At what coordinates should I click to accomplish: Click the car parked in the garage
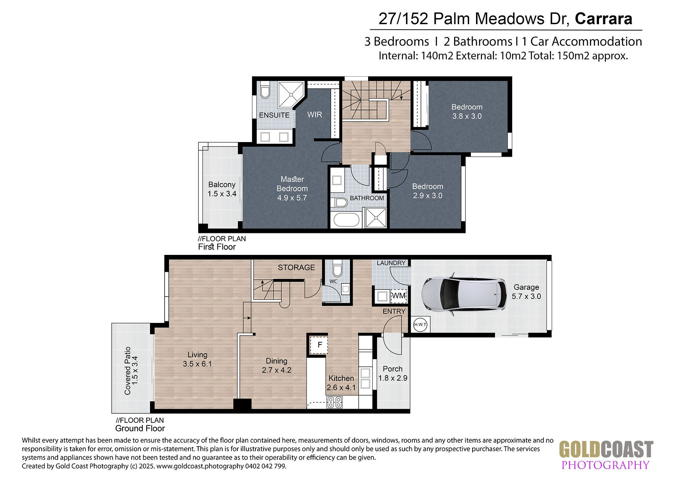point(464,294)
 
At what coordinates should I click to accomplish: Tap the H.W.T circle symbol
point(420,325)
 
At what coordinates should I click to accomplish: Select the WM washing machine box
point(399,296)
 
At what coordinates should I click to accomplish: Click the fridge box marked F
point(319,345)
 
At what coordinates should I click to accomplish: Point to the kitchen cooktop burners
point(335,403)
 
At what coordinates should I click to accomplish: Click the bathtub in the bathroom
point(346,220)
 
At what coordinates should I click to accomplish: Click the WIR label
point(314,115)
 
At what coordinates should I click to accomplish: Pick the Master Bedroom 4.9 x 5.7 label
point(292,189)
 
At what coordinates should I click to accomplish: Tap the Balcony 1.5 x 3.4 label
point(222,189)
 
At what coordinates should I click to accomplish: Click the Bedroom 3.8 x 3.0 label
point(467,112)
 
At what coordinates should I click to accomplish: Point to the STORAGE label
point(296,268)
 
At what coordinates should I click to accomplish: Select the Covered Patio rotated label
point(131,371)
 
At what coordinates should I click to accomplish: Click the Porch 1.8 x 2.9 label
point(393,373)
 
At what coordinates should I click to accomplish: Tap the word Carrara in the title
point(604,19)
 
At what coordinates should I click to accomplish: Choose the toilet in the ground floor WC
point(337,268)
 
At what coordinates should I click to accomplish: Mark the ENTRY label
point(394,311)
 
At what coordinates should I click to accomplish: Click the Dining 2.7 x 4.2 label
point(276,366)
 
